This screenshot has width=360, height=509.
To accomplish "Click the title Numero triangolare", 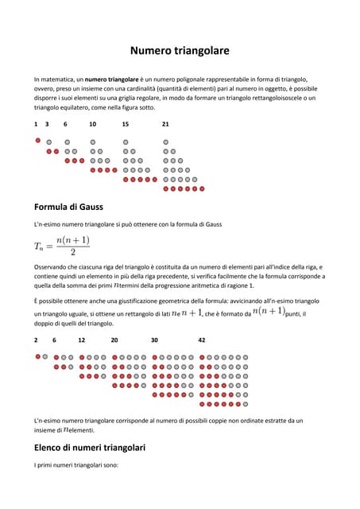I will [180, 51].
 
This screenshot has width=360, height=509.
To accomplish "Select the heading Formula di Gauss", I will [68, 207].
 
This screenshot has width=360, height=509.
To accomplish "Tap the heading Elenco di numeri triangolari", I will [94, 447].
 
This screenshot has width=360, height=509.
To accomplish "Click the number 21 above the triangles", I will [165, 124].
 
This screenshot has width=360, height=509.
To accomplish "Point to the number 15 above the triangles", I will [126, 124].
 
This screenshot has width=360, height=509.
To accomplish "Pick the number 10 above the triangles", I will [93, 124].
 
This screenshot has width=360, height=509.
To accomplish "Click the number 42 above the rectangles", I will [202, 340].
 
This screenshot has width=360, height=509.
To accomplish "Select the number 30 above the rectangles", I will [154, 340].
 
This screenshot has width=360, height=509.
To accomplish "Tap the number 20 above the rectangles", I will [114, 340].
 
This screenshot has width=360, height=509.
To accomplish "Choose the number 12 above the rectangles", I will [82, 340].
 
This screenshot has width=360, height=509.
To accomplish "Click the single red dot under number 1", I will [37, 140].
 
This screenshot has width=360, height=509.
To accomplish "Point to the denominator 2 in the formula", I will [73, 253].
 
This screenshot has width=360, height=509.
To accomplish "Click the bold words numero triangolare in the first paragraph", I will [112, 80].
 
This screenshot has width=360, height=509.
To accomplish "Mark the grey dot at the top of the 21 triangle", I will [166, 141].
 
